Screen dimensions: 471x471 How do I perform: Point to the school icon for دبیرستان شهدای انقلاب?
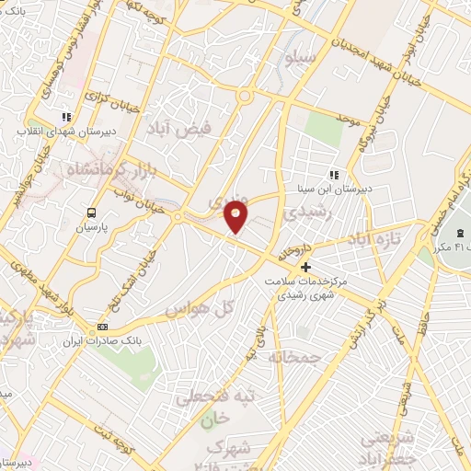pos(65,117)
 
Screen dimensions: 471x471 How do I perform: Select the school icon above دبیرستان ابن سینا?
pos(334,174)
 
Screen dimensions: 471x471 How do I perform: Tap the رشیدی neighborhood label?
pos(305,212)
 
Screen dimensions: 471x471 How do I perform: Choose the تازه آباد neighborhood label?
pos(376,238)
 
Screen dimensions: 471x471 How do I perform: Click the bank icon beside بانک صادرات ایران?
pos(102,327)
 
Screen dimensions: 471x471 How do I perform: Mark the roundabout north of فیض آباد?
pos(245,96)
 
